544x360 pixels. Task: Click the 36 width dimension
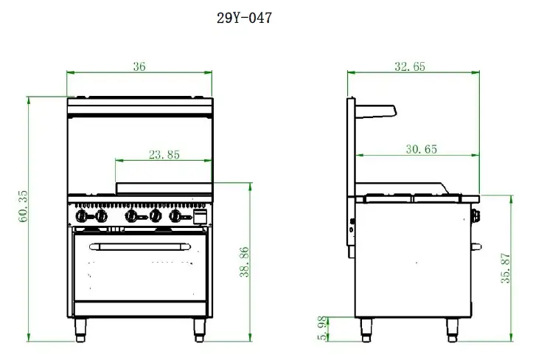click(x=139, y=66)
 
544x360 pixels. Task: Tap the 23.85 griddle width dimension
click(x=164, y=155)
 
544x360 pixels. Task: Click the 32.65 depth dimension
click(x=410, y=66)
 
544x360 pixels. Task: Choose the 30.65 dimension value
click(x=421, y=149)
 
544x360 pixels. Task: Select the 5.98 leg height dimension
click(x=321, y=329)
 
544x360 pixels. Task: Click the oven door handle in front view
click(x=139, y=246)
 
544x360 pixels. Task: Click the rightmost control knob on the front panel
click(x=175, y=216)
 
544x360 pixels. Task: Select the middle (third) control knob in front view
click(x=133, y=216)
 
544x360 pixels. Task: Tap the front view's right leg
click(x=199, y=329)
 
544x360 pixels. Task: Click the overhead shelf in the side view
click(x=377, y=110)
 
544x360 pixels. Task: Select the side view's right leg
click(x=452, y=329)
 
